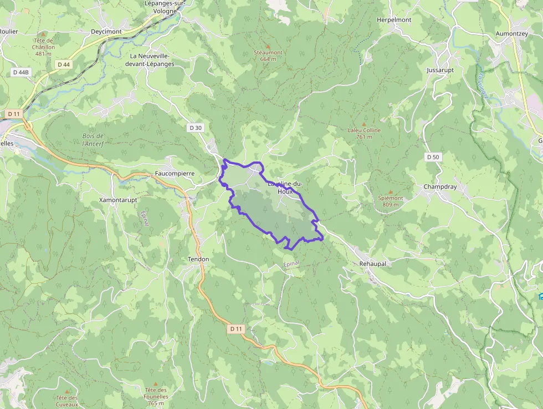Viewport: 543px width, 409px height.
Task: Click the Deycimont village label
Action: click(106, 32)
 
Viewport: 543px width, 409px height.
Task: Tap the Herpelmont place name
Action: click(394, 19)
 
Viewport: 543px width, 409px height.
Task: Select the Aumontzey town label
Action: click(511, 34)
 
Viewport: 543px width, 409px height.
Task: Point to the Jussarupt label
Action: click(440, 70)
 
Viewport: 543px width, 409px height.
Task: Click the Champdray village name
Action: click(440, 186)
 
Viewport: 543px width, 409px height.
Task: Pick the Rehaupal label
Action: click(373, 264)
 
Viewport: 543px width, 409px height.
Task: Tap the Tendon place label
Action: click(198, 259)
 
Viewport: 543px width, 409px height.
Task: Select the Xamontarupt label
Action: click(117, 199)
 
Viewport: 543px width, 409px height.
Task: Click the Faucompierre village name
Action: click(175, 173)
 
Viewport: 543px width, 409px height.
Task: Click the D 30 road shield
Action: click(196, 128)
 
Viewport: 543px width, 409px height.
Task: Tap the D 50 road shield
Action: click(433, 157)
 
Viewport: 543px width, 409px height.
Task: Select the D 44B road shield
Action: click(21, 72)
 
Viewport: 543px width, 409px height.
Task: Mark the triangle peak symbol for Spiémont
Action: click(390, 191)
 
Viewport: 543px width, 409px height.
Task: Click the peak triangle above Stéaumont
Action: click(268, 46)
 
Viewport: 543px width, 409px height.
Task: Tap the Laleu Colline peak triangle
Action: click(364, 124)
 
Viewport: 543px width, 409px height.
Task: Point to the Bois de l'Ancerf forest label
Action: click(93, 140)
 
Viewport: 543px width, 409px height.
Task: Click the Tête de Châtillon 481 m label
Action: click(43, 47)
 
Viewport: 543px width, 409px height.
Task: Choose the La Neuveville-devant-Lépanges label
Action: click(152, 60)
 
